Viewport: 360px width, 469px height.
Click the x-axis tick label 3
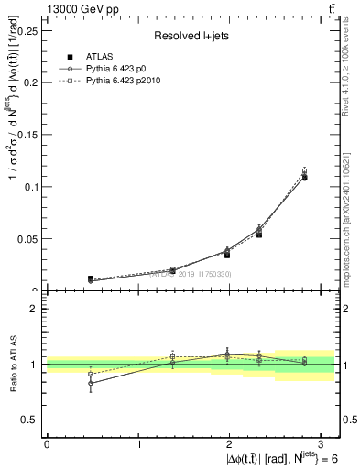click(324, 444)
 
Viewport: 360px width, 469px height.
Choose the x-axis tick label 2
click(232, 444)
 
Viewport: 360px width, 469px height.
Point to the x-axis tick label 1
click(139, 444)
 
